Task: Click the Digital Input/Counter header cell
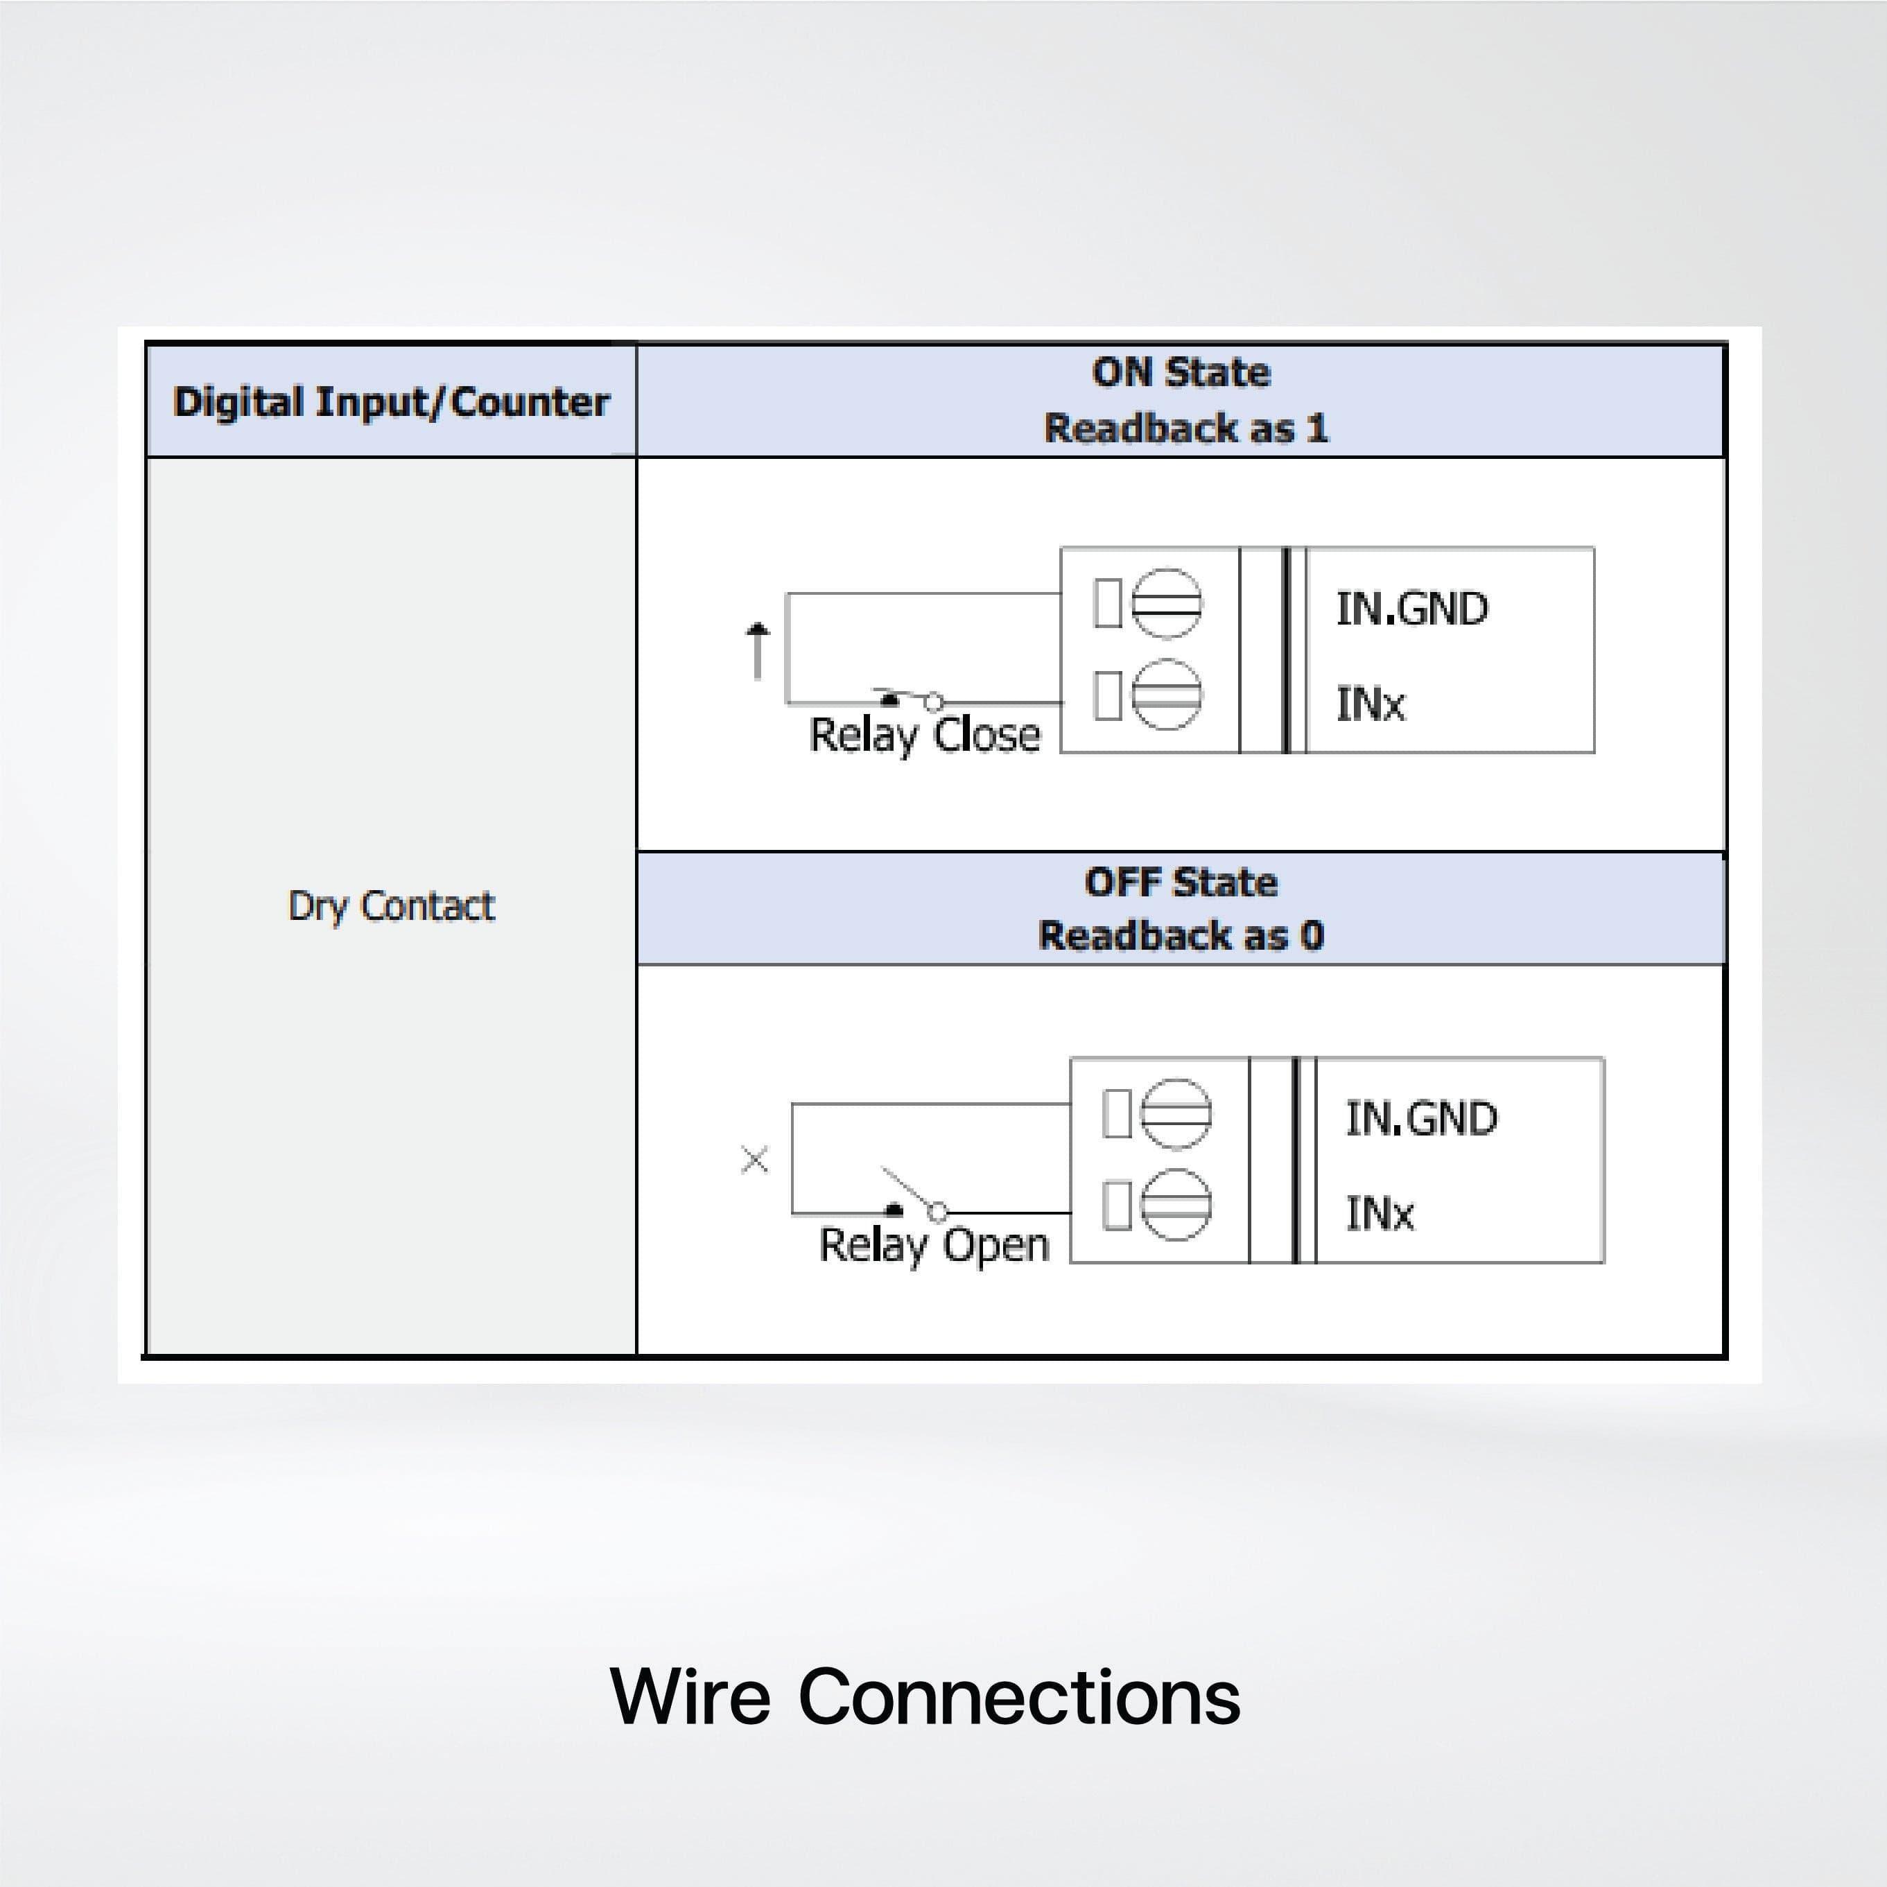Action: (391, 401)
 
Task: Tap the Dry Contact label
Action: (391, 905)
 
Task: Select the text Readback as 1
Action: (1185, 428)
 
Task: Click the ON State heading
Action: (1181, 372)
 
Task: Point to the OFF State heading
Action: (1181, 882)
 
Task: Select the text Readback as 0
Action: (1181, 936)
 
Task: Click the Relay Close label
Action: (925, 734)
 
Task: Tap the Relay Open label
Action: (934, 1244)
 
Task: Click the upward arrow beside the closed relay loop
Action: (758, 650)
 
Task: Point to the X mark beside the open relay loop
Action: (755, 1160)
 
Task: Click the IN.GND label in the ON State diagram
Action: (1411, 609)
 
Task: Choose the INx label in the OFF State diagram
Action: (1379, 1214)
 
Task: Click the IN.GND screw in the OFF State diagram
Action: (1176, 1113)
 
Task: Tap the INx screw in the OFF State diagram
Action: (1176, 1204)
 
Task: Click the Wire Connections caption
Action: (925, 1696)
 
